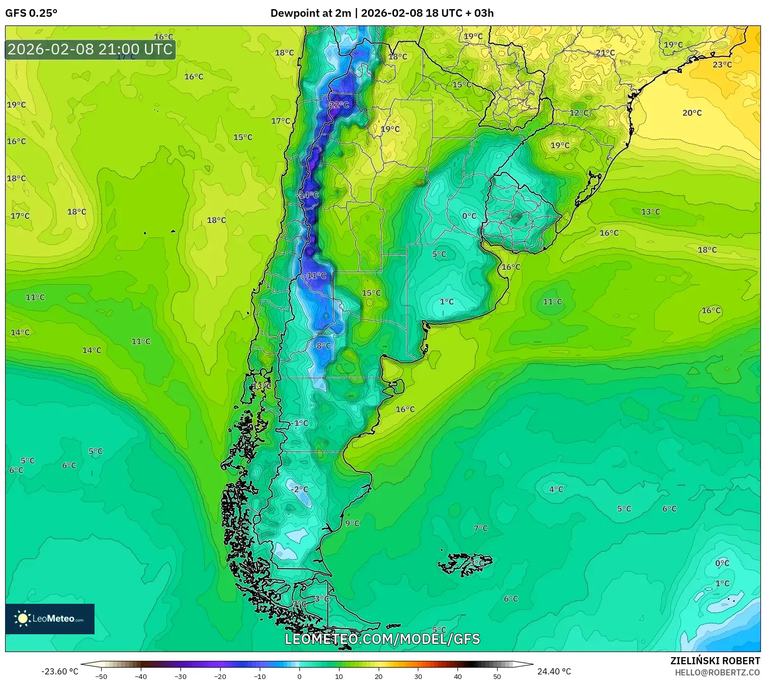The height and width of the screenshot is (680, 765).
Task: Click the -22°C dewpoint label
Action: pyautogui.click(x=338, y=105)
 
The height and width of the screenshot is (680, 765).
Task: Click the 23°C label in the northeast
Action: pyautogui.click(x=722, y=65)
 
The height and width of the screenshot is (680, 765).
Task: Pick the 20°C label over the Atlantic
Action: pyautogui.click(x=692, y=113)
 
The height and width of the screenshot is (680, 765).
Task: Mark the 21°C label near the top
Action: pyautogui.click(x=605, y=53)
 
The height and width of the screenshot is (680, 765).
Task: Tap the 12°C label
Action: pyautogui.click(x=578, y=113)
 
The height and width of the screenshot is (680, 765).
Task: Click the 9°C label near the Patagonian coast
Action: pyautogui.click(x=352, y=523)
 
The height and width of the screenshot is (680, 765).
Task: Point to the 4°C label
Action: pyautogui.click(x=556, y=489)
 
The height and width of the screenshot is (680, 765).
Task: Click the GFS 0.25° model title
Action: pyautogui.click(x=32, y=13)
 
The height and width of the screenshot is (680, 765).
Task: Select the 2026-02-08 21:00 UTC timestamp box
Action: pyautogui.click(x=90, y=49)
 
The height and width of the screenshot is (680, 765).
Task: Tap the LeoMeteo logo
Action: pyautogui.click(x=50, y=619)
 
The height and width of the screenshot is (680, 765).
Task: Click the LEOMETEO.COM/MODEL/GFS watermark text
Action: pyautogui.click(x=382, y=639)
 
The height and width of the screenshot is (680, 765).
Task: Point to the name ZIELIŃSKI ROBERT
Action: pyautogui.click(x=715, y=661)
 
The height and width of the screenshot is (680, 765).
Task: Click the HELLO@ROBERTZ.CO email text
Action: pyautogui.click(x=717, y=672)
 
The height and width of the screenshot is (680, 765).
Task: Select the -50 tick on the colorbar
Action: pyautogui.click(x=101, y=676)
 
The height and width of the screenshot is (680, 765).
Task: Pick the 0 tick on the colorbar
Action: pyautogui.click(x=299, y=676)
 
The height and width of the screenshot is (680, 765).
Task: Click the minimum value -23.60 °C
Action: pyautogui.click(x=59, y=671)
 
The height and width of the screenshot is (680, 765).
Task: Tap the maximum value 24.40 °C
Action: pyautogui.click(x=554, y=671)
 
